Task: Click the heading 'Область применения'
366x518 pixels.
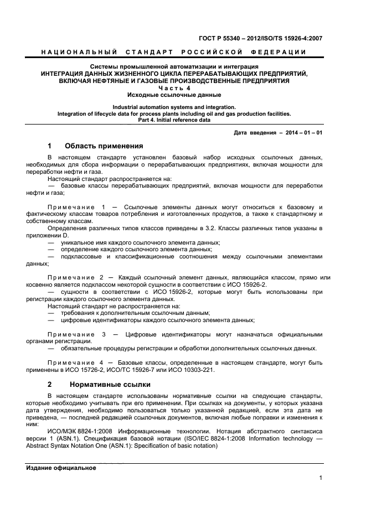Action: (104, 146)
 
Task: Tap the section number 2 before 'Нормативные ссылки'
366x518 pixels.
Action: (49, 384)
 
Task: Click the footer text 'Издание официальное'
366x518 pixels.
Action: (61, 468)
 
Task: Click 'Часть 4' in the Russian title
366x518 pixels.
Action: (174, 87)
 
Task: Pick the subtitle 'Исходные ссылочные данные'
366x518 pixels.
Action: (174, 95)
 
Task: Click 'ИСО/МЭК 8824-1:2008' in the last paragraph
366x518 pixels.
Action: (81, 430)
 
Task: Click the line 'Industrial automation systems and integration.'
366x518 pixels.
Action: (174, 107)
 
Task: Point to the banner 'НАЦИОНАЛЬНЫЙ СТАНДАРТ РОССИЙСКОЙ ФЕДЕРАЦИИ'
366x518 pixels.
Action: (174, 52)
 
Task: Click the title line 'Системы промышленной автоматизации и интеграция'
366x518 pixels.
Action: (174, 67)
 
